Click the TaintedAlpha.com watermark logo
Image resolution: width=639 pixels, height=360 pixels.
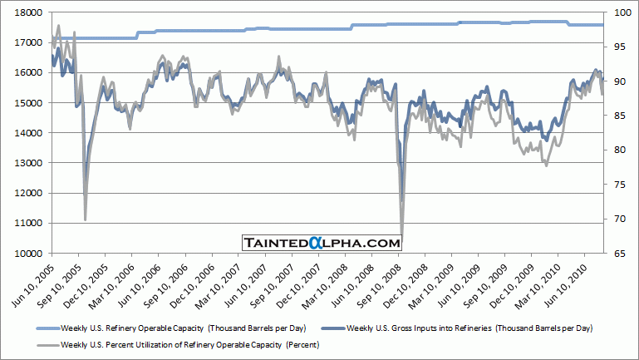(x=322, y=243)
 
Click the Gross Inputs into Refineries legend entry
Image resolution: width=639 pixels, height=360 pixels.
(x=465, y=327)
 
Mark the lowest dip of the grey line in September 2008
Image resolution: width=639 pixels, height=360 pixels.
(x=402, y=239)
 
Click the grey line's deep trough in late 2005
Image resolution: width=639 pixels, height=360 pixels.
(x=86, y=219)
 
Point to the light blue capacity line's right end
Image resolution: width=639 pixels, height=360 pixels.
(x=602, y=25)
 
